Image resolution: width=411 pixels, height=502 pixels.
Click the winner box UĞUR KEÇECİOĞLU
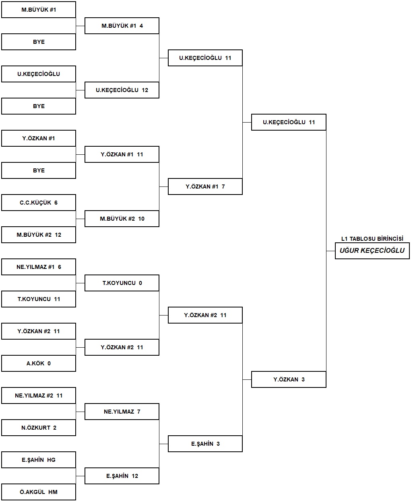(x=372, y=251)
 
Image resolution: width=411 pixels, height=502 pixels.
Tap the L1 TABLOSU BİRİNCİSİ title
(x=372, y=238)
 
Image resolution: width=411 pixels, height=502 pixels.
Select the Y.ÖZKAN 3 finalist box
(x=289, y=379)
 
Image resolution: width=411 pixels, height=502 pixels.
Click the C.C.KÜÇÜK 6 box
(x=39, y=203)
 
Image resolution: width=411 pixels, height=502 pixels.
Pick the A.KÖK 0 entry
(x=39, y=363)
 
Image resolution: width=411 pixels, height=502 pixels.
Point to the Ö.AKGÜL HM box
(x=39, y=492)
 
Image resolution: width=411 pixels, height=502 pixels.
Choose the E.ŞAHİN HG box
(x=39, y=460)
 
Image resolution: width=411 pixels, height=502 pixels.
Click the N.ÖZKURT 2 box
(x=39, y=428)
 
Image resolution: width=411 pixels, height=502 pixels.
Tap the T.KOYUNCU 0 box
(x=122, y=283)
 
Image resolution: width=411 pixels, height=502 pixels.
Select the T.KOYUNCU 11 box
(x=39, y=299)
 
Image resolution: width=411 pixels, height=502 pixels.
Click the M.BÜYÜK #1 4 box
(x=122, y=26)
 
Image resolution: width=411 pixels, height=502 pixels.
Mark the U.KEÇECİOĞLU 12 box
(x=122, y=90)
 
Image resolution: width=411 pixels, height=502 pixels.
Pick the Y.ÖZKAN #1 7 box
(x=205, y=186)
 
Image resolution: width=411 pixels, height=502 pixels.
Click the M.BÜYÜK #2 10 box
(x=122, y=219)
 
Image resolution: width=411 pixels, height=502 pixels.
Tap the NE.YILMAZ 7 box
(x=122, y=412)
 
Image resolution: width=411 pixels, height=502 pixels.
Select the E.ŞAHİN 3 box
(x=205, y=444)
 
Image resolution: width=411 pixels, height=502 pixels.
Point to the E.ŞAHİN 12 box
(x=122, y=476)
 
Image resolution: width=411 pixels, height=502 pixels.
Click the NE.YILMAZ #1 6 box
(x=39, y=267)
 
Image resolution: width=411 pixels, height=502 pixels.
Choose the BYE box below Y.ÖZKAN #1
(x=39, y=170)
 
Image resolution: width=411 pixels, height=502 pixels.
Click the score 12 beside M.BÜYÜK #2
(x=58, y=235)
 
